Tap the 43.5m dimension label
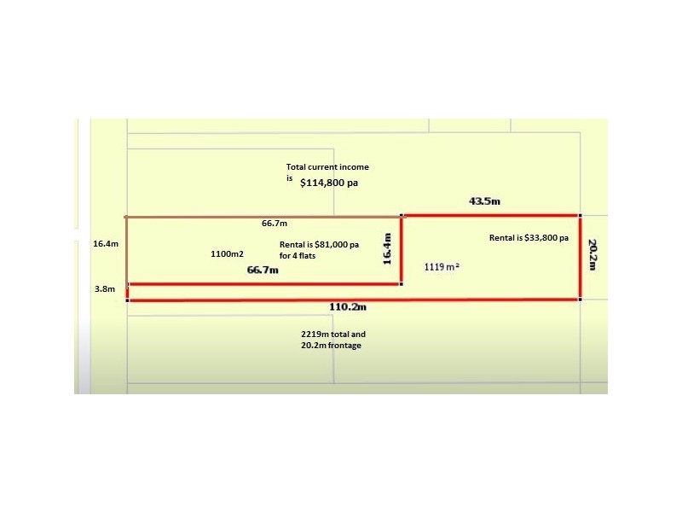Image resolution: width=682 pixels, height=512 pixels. [483, 201]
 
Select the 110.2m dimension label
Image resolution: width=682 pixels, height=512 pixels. [347, 306]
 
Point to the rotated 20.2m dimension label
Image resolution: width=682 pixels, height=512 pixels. [594, 254]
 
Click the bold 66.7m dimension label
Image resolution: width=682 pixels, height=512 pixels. [263, 270]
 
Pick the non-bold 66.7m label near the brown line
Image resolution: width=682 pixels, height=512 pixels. [275, 224]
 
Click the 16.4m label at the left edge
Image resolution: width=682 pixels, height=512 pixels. [105, 244]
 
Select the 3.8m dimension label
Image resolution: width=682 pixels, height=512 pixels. [105, 289]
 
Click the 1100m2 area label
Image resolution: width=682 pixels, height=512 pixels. [227, 254]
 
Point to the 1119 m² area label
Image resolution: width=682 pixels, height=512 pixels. [442, 267]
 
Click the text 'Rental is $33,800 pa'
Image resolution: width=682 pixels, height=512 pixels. [529, 238]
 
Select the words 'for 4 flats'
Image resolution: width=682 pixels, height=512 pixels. [298, 254]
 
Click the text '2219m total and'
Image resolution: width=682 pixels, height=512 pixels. [332, 335]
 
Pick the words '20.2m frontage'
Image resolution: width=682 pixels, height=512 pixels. [331, 346]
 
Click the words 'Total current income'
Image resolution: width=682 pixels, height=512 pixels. [327, 167]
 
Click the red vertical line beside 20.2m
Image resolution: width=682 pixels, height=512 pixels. [580, 256]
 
